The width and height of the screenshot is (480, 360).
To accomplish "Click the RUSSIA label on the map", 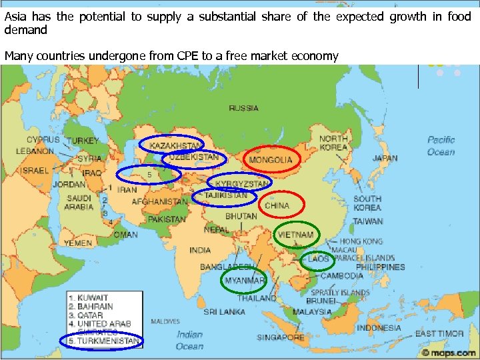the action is pyautogui.click(x=244, y=108).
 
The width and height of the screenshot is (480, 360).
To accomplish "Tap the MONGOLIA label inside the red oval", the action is pyautogui.click(x=271, y=160).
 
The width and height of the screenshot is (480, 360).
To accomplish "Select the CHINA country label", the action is pyautogui.click(x=277, y=206).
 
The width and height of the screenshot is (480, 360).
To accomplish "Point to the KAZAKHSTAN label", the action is pyautogui.click(x=176, y=145).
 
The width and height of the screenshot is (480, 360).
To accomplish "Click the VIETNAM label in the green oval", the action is pyautogui.click(x=296, y=235).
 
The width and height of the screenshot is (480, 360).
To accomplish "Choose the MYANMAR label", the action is pyautogui.click(x=244, y=281).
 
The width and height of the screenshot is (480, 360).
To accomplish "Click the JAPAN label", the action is pyautogui.click(x=385, y=159).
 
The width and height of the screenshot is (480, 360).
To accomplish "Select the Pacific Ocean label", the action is pyautogui.click(x=441, y=146).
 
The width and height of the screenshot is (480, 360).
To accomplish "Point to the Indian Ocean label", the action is pyautogui.click(x=189, y=340).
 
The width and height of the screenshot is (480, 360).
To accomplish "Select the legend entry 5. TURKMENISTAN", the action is pyautogui.click(x=104, y=341).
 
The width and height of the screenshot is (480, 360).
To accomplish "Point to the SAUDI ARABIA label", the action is pyautogui.click(x=79, y=203).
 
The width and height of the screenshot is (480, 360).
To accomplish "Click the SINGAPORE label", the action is pyautogui.click(x=281, y=337).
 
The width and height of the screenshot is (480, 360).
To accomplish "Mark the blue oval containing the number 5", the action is pyautogui.click(x=149, y=175).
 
